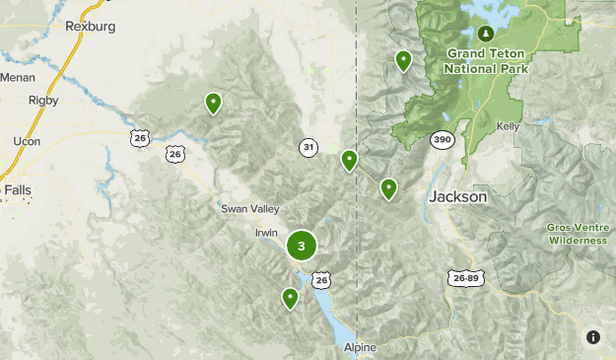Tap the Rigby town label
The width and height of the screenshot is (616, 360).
(x=43, y=100)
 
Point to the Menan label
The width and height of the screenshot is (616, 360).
(x=17, y=77)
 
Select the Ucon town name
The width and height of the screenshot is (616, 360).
(x=27, y=141)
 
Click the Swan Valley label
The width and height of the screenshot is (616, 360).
(x=250, y=209)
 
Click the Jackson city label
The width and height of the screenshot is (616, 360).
(x=458, y=197)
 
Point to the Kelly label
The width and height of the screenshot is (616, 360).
(x=509, y=126)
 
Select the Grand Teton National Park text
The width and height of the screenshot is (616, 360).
(x=486, y=61)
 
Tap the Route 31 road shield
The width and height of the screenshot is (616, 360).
(x=309, y=148)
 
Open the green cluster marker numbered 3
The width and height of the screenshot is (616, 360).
(x=302, y=247)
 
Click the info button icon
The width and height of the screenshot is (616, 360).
(x=593, y=337)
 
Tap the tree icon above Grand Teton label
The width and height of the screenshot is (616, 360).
(x=484, y=33)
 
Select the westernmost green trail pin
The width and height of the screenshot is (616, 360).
(x=213, y=102)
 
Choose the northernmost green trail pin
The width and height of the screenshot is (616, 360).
(x=403, y=60)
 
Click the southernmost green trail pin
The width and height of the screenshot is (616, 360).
(x=290, y=297)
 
